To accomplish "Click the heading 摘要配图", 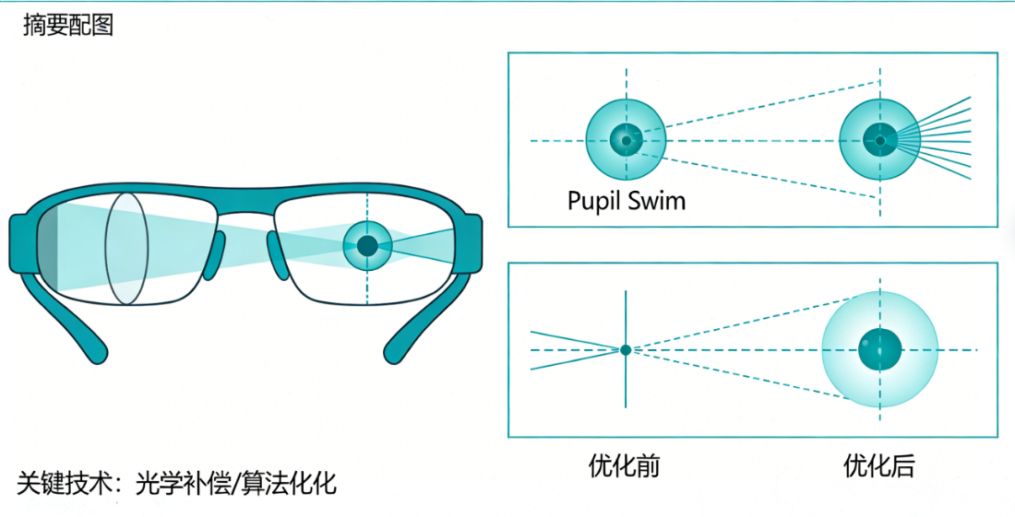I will tap(67, 26).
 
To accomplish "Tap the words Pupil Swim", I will tap(627, 200).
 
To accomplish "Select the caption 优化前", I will tap(625, 465).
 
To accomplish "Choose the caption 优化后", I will tap(879, 465).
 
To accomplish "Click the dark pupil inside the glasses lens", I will tap(367, 245).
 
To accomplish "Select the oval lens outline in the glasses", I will tap(126, 248).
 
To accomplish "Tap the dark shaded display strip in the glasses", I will tap(51, 249).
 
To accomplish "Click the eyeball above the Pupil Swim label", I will tap(626, 140).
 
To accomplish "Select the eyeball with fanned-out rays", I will tap(879, 140).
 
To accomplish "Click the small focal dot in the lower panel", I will tap(626, 350).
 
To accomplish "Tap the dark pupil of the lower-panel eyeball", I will tap(879, 350).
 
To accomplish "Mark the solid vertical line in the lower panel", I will tap(626, 387).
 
